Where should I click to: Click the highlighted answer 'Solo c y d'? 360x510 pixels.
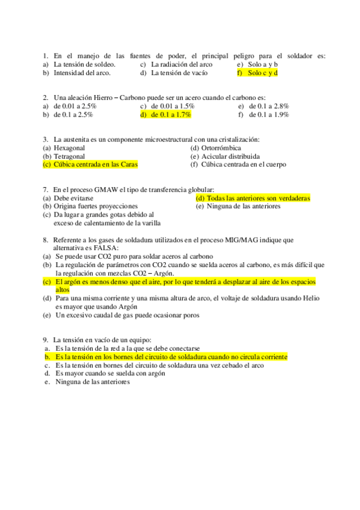click(x=262, y=73)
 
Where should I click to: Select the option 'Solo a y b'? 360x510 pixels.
click(x=263, y=64)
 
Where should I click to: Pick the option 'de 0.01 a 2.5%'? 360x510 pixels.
click(x=75, y=105)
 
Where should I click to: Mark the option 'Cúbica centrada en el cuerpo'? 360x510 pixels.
click(x=243, y=164)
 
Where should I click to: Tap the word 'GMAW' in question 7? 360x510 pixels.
click(x=104, y=189)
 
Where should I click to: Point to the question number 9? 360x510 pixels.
click(x=46, y=339)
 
